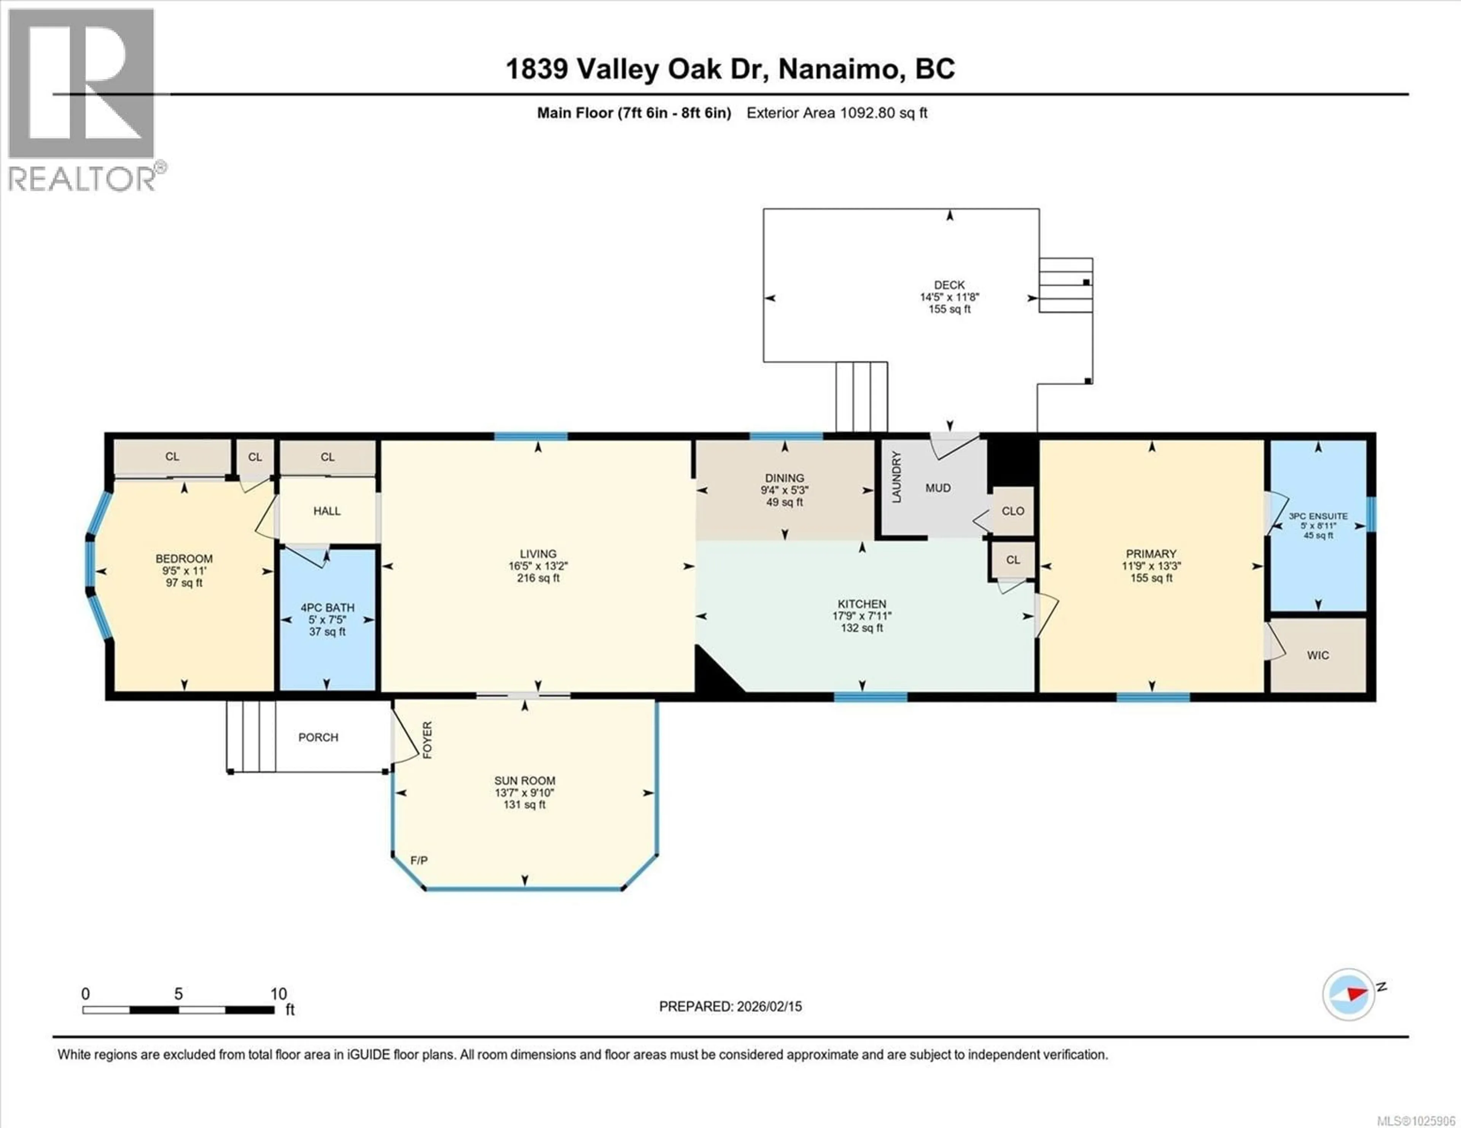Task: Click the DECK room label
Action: point(949,285)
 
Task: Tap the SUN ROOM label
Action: point(524,780)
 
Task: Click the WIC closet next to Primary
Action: point(1318,655)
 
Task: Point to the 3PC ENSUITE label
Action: point(1318,516)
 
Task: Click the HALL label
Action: point(327,511)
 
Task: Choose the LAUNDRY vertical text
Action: point(896,477)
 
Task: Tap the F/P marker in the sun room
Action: point(419,860)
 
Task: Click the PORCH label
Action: point(318,737)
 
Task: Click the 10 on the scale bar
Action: point(278,993)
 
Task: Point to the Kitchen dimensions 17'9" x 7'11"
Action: point(862,616)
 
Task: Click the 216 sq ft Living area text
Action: point(538,578)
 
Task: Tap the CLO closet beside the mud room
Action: point(1013,511)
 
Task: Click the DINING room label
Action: point(784,478)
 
